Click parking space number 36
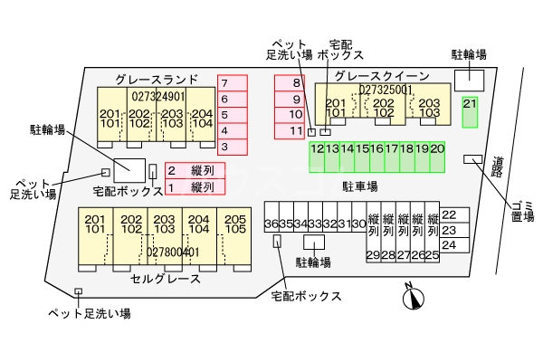271,224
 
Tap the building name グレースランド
156,79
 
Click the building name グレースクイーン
374,76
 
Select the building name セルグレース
166,279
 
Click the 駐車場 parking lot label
359,186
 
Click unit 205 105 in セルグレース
234,224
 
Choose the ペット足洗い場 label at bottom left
90,313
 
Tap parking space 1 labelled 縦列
194,187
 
